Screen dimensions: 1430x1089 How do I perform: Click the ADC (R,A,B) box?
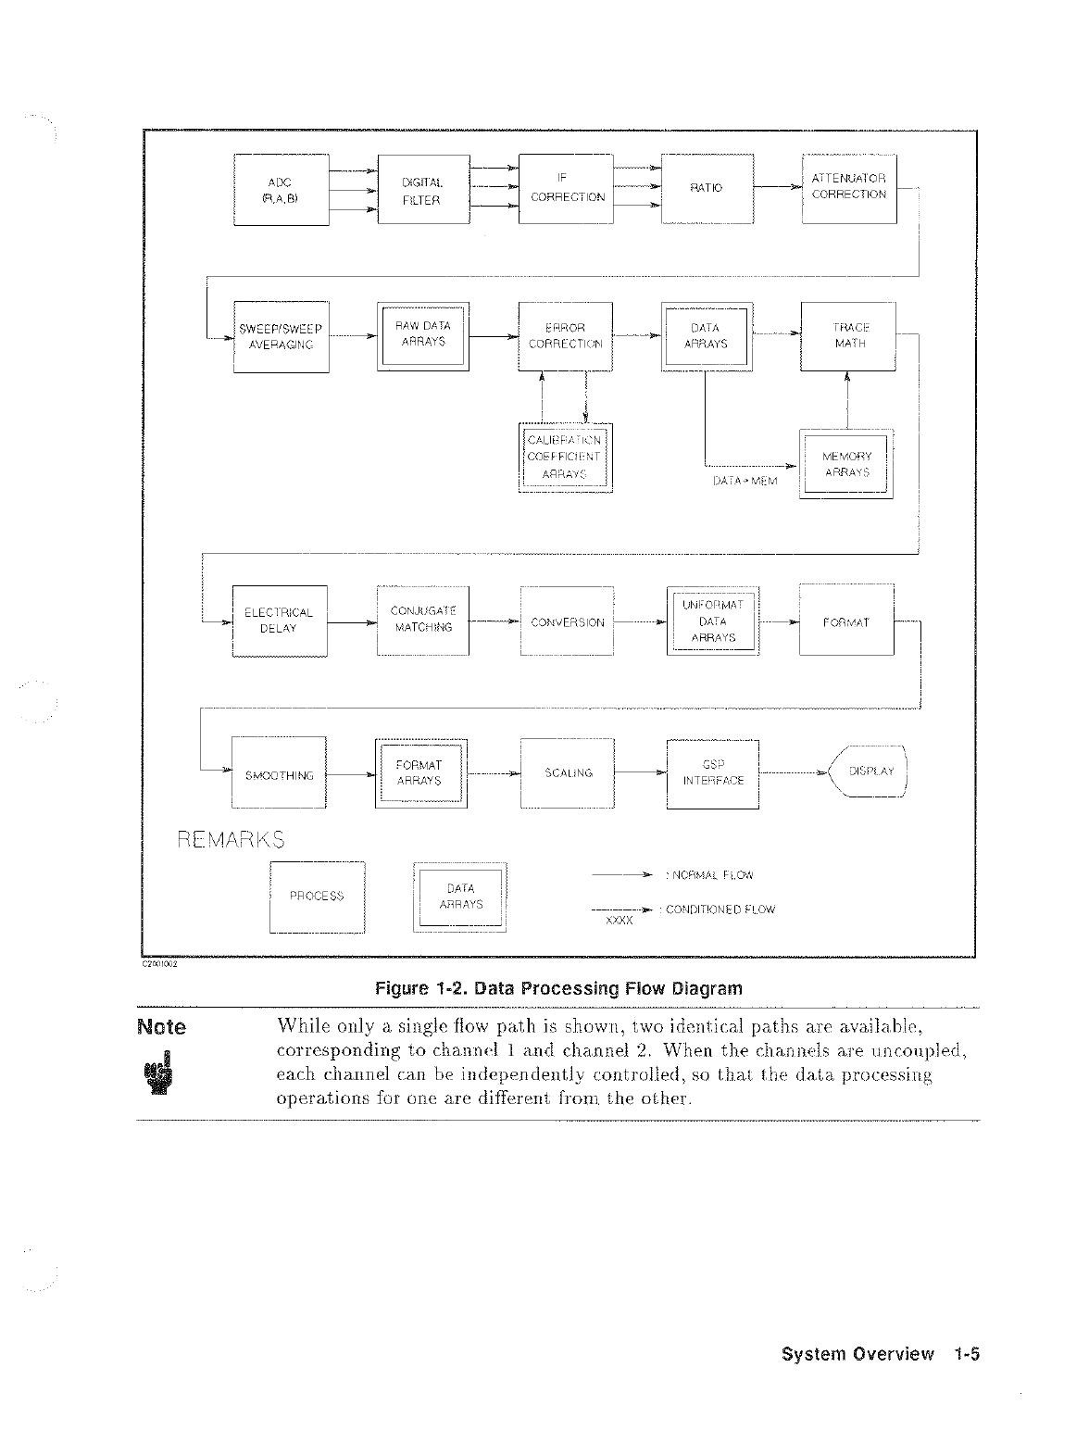coord(281,189)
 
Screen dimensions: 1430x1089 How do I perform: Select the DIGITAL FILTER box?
coord(423,189)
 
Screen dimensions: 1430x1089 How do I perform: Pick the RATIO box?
coord(707,188)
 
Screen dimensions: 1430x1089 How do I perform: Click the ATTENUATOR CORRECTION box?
coord(848,188)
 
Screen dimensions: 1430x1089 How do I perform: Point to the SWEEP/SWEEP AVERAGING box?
coord(281,336)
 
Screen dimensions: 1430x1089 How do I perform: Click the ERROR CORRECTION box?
coord(565,335)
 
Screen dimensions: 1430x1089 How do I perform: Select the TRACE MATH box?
coord(848,335)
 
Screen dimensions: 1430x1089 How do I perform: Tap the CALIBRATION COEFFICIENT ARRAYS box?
coord(564,458)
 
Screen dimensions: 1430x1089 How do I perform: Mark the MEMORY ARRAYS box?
coord(845,465)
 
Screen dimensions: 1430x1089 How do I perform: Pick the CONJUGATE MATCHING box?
coord(423,620)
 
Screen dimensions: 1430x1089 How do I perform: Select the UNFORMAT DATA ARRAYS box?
coord(712,621)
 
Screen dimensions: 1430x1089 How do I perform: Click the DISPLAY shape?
coord(868,771)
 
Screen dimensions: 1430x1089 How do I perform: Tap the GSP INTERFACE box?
coord(712,773)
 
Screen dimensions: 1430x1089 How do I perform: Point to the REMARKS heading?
coord(231,839)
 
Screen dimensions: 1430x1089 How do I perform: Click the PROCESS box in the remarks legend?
coord(317,896)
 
